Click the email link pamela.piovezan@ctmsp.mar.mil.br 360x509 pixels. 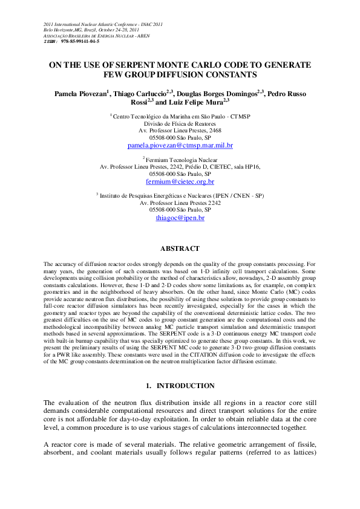pyautogui.click(x=180, y=146)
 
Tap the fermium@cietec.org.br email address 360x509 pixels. pyautogui.click(x=180, y=181)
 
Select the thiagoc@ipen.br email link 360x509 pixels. pyautogui.click(x=180, y=217)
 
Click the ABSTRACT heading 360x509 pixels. pyautogui.click(x=180, y=248)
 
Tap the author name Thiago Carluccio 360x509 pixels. pyautogui.click(x=143, y=94)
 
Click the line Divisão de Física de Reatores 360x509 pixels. pyautogui.click(x=180, y=123)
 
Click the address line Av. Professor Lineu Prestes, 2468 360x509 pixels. pyautogui.click(x=180, y=130)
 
